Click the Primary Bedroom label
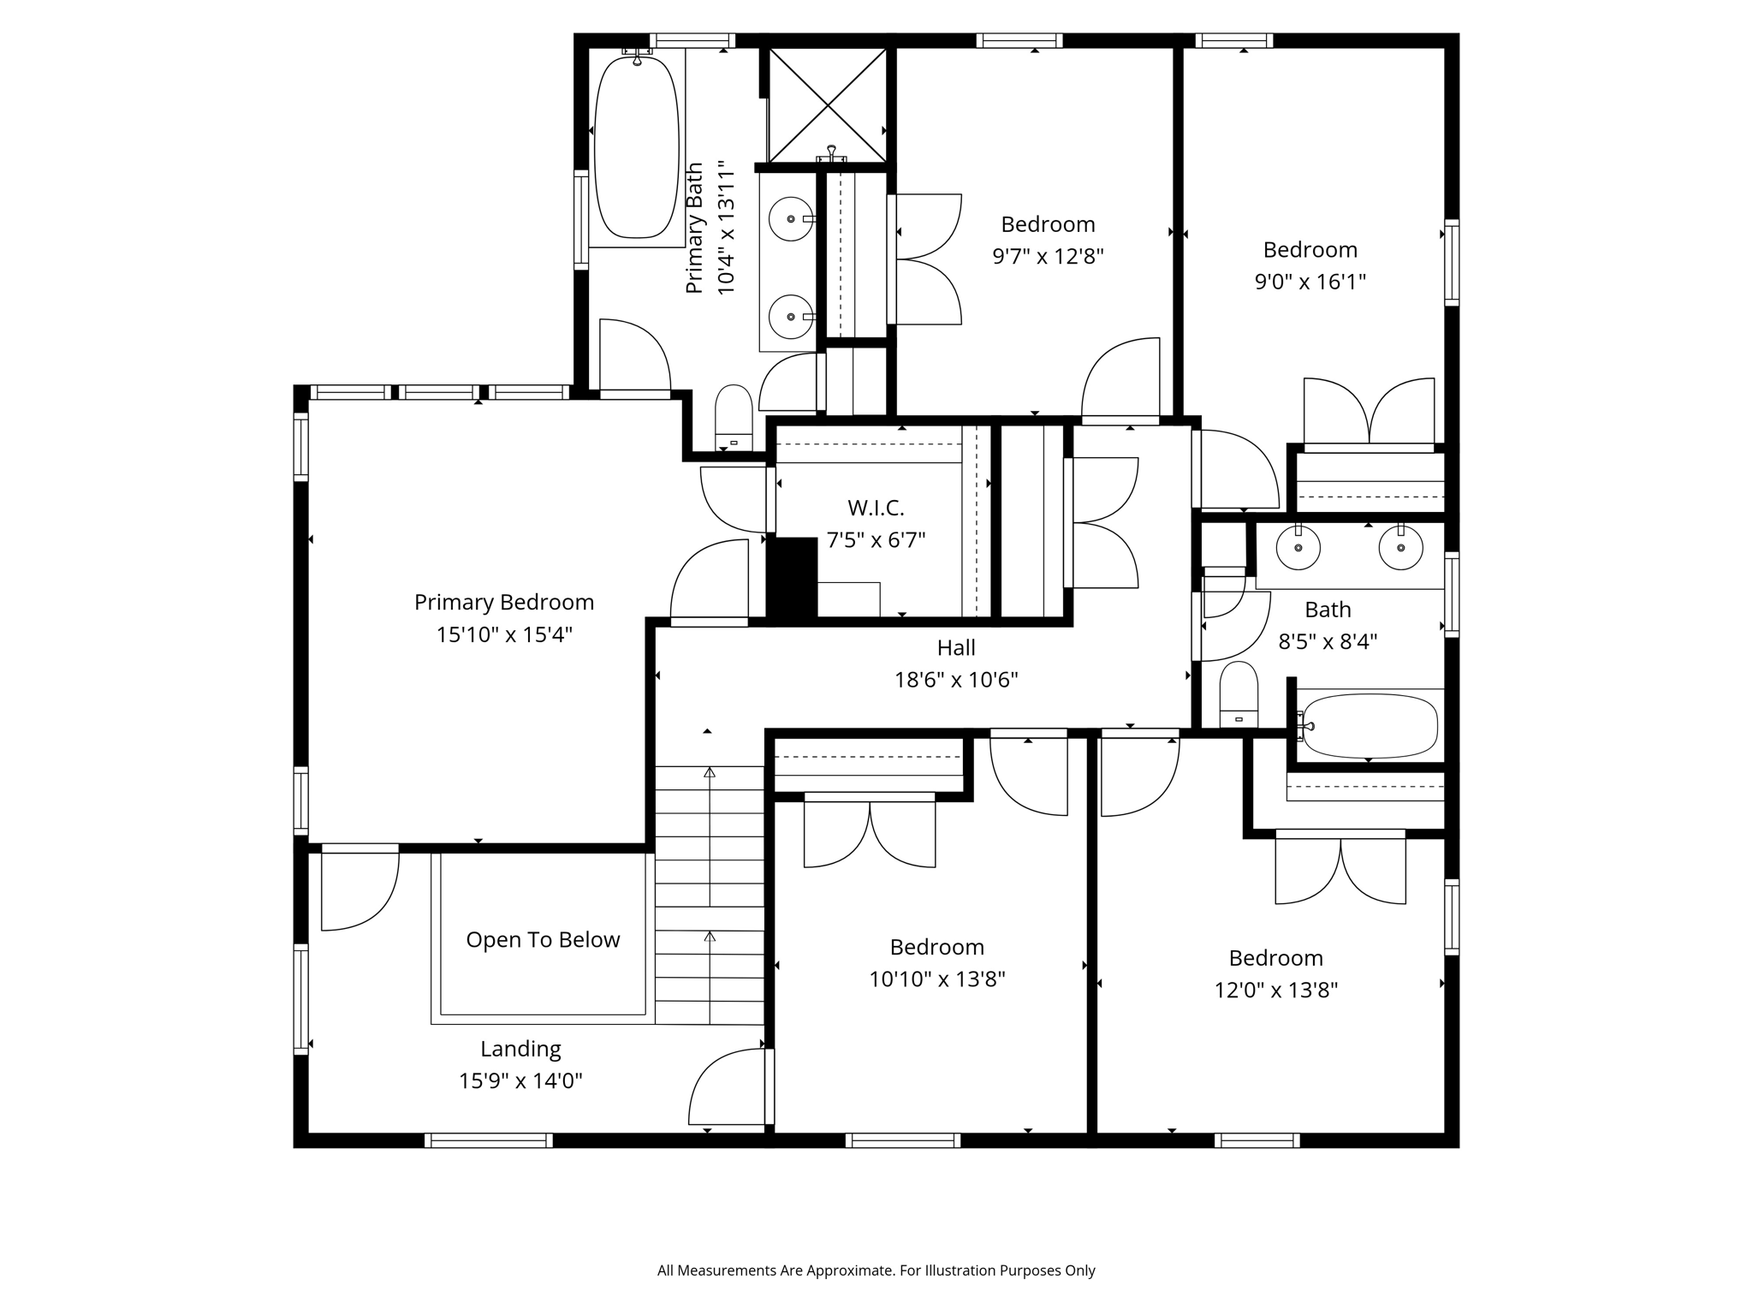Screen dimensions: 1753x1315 click(x=504, y=603)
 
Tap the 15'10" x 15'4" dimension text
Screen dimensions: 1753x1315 click(x=504, y=634)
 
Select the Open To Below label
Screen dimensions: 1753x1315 click(x=543, y=940)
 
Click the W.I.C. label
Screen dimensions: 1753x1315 click(x=876, y=508)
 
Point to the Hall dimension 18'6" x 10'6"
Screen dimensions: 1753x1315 click(x=956, y=680)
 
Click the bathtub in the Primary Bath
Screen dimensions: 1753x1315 click(x=636, y=147)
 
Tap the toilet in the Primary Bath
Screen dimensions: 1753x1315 click(x=734, y=418)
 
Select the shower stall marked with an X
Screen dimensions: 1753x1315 click(x=828, y=104)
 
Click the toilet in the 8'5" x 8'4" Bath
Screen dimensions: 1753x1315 click(x=1239, y=694)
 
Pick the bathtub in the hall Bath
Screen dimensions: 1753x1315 click(x=1369, y=726)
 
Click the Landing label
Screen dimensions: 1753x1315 click(x=520, y=1049)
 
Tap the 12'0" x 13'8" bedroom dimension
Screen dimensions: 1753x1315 click(x=1276, y=991)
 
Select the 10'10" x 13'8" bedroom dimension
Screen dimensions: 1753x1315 click(x=937, y=979)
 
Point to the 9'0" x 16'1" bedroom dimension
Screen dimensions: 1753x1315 click(x=1310, y=282)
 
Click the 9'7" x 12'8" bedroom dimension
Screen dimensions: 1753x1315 click(x=1049, y=256)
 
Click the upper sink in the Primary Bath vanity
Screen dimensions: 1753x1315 click(x=790, y=219)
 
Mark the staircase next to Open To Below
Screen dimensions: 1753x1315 click(x=710, y=896)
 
